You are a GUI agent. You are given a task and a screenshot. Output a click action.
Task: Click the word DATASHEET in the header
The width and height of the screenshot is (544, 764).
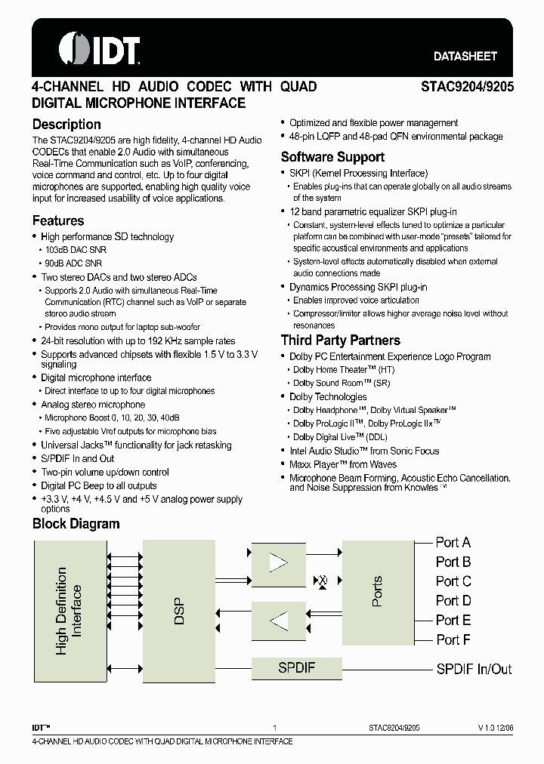(x=465, y=57)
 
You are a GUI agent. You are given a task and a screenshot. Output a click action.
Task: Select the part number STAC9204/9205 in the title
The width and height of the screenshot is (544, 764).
(x=467, y=87)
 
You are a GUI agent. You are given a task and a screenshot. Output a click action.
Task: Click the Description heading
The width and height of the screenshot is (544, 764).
(x=66, y=125)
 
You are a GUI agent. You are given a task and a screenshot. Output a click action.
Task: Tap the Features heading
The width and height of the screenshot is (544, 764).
(x=58, y=221)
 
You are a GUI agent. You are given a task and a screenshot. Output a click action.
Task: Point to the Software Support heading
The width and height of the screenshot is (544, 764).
(x=332, y=157)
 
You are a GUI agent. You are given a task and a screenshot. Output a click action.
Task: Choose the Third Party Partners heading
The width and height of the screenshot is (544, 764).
(x=340, y=340)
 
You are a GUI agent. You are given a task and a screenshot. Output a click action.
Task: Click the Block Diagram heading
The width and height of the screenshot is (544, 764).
(x=76, y=524)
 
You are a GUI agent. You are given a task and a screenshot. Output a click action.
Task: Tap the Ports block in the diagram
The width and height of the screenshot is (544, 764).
(x=377, y=591)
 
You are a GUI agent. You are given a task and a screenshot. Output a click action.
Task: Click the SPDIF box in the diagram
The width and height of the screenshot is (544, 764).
(x=296, y=668)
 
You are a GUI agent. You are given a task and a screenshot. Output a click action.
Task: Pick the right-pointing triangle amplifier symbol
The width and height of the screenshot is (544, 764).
(x=279, y=562)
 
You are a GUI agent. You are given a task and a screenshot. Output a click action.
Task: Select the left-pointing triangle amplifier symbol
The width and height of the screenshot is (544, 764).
(x=279, y=621)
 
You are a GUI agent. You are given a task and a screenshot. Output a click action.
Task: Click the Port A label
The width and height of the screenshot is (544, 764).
(x=453, y=542)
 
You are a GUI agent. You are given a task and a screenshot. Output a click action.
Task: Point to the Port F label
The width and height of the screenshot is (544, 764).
(x=453, y=639)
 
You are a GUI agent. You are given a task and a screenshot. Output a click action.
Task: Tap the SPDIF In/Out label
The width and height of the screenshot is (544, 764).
(x=474, y=669)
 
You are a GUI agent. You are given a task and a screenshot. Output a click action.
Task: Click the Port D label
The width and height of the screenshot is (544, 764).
(x=453, y=601)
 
